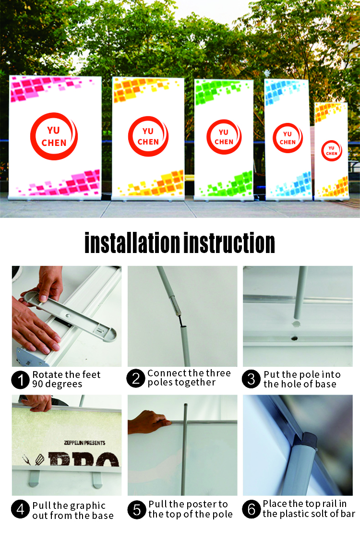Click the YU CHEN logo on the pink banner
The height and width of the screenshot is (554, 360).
click(x=54, y=136)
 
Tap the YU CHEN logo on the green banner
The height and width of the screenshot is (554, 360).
click(x=224, y=137)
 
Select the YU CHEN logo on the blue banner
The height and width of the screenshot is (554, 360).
click(x=288, y=138)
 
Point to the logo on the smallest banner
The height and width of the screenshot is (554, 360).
click(x=331, y=151)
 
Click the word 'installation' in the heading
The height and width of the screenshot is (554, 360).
click(x=132, y=243)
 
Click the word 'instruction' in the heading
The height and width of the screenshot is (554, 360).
click(x=229, y=243)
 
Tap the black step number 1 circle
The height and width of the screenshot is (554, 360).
click(x=21, y=380)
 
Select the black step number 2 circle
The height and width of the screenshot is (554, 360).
click(x=136, y=378)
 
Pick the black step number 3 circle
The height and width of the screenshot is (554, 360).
click(x=251, y=379)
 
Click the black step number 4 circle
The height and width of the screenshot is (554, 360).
click(x=21, y=509)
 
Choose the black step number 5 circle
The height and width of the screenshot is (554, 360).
click(x=137, y=510)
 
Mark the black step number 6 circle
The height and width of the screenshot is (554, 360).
click(x=251, y=509)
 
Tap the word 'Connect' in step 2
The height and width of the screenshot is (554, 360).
click(x=167, y=373)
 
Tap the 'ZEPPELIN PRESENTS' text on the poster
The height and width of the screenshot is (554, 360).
click(x=85, y=443)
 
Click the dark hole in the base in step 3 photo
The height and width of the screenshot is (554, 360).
click(x=294, y=338)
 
